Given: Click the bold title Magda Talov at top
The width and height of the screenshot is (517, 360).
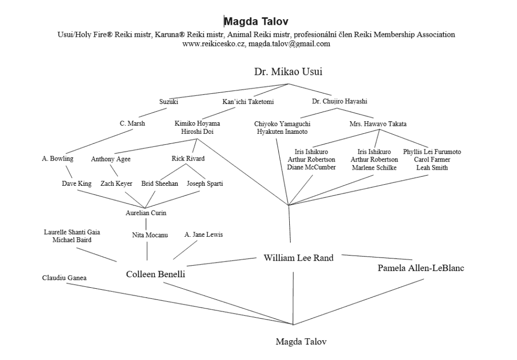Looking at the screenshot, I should point(256,21).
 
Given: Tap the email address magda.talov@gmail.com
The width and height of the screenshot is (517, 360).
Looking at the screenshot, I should point(289,44).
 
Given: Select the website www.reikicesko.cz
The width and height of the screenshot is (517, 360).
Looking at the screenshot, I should point(214,44).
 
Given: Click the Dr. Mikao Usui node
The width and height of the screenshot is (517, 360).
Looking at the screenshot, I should point(288,72).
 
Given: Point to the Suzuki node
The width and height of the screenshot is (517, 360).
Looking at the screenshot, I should point(169,102).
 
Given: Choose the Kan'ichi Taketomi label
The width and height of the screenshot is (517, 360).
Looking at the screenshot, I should point(248,102).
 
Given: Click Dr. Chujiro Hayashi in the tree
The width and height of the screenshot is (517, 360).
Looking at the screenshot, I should point(339,102).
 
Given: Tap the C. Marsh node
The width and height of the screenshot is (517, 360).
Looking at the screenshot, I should point(132,123).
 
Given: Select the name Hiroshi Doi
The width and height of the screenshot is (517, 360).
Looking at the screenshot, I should point(197,131).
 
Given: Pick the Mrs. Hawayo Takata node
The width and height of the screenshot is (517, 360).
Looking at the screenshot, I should point(378,124).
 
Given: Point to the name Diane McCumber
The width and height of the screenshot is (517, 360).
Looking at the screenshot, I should point(311,168).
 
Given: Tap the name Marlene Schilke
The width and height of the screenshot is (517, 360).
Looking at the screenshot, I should point(374,168).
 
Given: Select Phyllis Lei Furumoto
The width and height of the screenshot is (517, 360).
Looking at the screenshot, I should point(432,151).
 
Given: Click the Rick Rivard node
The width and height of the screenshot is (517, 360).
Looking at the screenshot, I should point(188,159).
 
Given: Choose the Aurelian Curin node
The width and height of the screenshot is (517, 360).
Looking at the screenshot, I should point(146,213).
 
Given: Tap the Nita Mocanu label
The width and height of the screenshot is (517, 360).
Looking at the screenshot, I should point(150,235).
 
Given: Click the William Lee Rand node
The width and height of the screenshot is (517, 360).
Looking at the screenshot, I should point(298,258).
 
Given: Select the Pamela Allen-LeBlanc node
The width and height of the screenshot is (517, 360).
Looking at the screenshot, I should point(421,268).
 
